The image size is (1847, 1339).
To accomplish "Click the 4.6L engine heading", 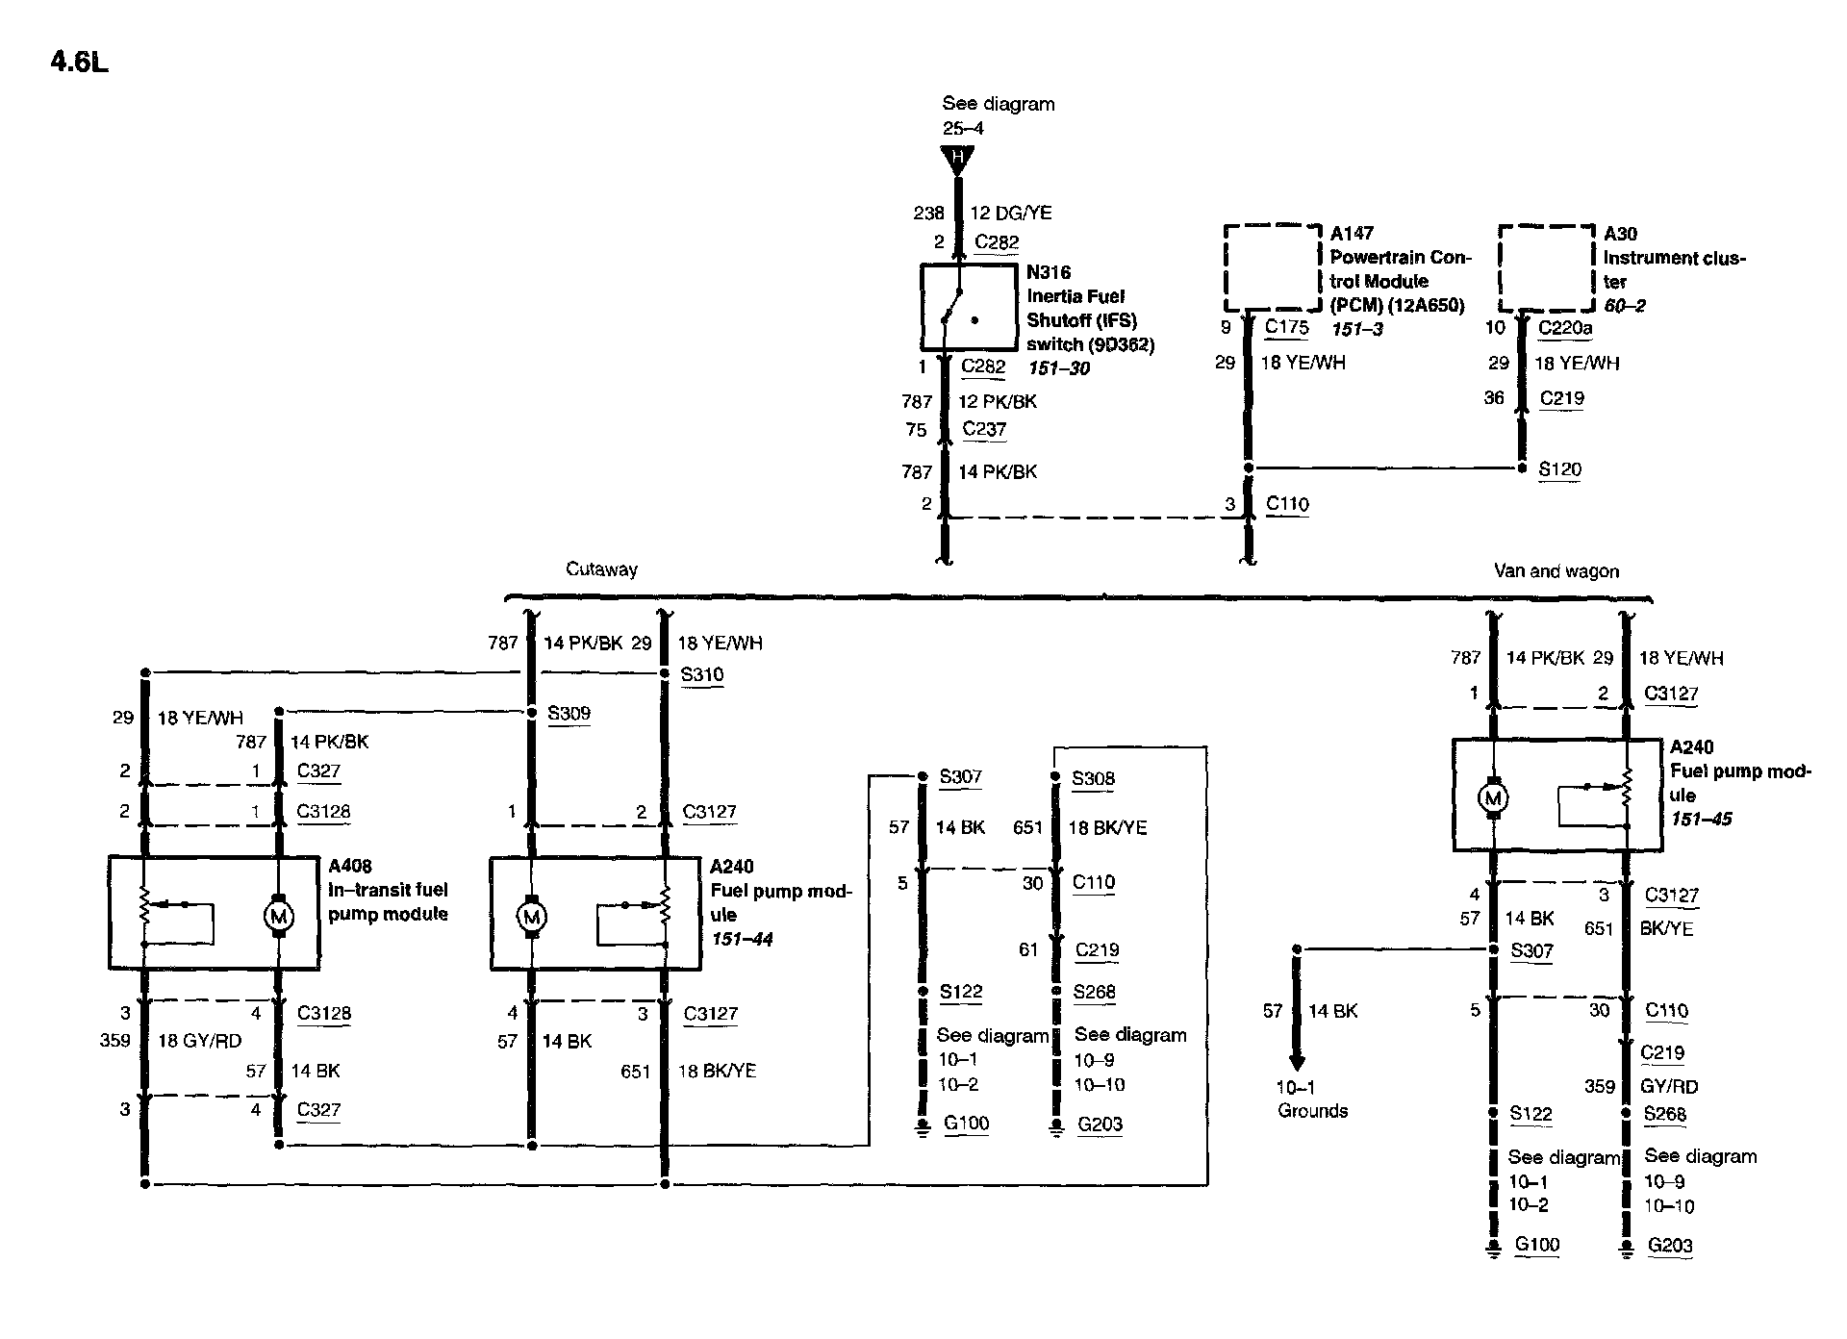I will [x=79, y=63].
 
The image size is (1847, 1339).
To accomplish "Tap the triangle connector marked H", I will [x=957, y=159].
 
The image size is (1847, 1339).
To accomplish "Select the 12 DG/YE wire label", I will [x=1010, y=213].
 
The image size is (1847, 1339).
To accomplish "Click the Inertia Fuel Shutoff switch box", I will [x=969, y=307].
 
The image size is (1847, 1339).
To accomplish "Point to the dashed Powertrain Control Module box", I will [x=1273, y=267].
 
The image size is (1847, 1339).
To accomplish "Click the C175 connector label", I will [x=1286, y=327].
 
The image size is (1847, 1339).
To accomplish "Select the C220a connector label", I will [x=1565, y=328].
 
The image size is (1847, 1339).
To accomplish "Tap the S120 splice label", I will [x=1559, y=469].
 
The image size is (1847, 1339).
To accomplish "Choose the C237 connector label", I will [x=984, y=429].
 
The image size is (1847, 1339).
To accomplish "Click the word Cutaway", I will [x=601, y=569].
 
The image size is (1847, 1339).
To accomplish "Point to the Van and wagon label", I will [x=1556, y=571].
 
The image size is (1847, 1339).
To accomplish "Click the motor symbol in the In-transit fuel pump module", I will [x=279, y=917].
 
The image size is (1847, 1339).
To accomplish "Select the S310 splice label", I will [x=701, y=674].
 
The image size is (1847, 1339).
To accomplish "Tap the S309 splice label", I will [x=569, y=713].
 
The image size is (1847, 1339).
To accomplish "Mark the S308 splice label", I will [x=1093, y=778].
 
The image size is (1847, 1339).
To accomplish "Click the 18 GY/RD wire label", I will [x=199, y=1041].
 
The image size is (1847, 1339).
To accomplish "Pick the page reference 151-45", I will [x=1701, y=819].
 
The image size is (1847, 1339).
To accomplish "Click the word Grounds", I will [x=1312, y=1111].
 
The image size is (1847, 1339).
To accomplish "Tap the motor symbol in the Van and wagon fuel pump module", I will [x=1493, y=797].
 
